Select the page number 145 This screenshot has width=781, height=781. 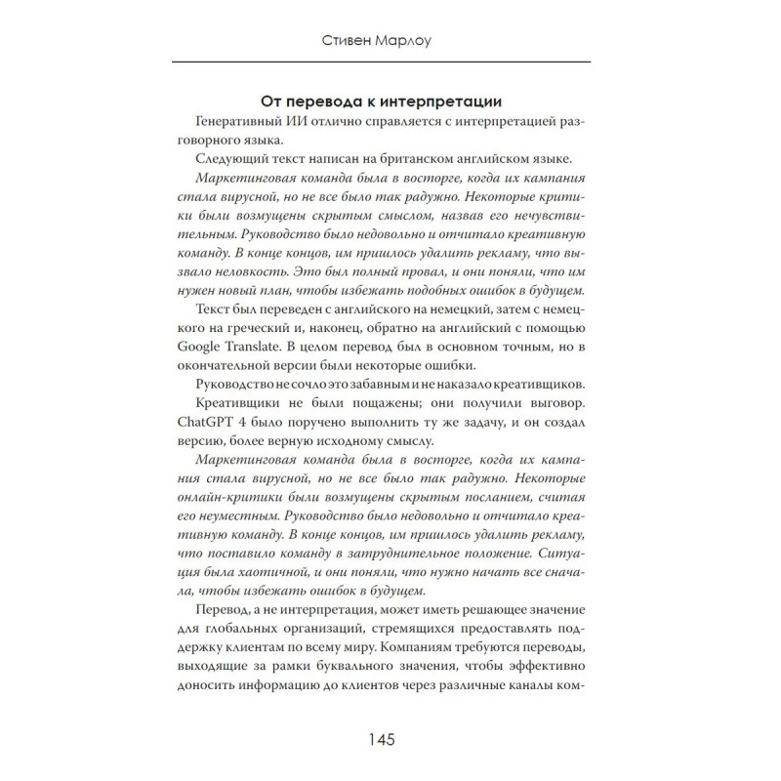pos(390,738)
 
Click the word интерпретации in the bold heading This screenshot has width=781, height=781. pos(460,100)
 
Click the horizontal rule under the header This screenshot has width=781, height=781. pos(390,63)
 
